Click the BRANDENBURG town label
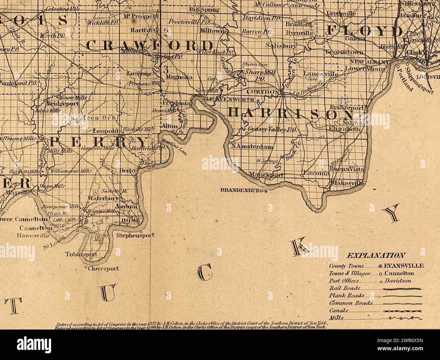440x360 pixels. pos(242,190)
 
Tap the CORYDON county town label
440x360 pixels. pos(263,92)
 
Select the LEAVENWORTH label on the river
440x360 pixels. pos(230,99)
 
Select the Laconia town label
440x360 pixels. pos(316,173)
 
